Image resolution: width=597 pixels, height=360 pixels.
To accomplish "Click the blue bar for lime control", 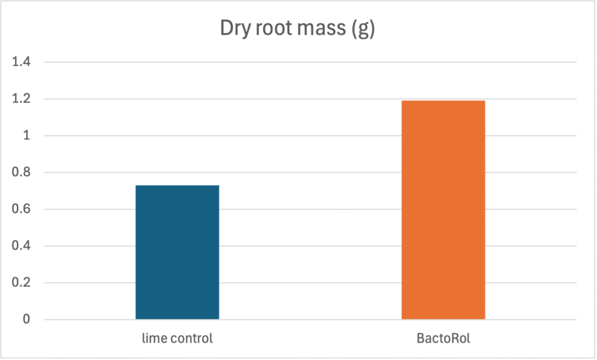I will click(x=177, y=252).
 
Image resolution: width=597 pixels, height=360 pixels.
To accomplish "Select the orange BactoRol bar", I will click(x=443, y=210).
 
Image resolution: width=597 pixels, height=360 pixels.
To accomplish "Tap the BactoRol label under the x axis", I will click(x=443, y=338).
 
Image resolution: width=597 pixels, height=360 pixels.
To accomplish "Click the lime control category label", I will click(x=177, y=338).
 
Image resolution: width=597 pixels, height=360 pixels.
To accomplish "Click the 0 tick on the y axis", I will click(x=25, y=320).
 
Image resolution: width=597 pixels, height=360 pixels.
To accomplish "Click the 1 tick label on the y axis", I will click(x=25, y=136).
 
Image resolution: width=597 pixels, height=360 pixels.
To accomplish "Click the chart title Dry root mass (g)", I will click(x=297, y=29).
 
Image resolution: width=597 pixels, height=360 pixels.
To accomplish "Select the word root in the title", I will click(x=274, y=29).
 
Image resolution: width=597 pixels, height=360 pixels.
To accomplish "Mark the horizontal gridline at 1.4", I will click(x=309, y=62).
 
